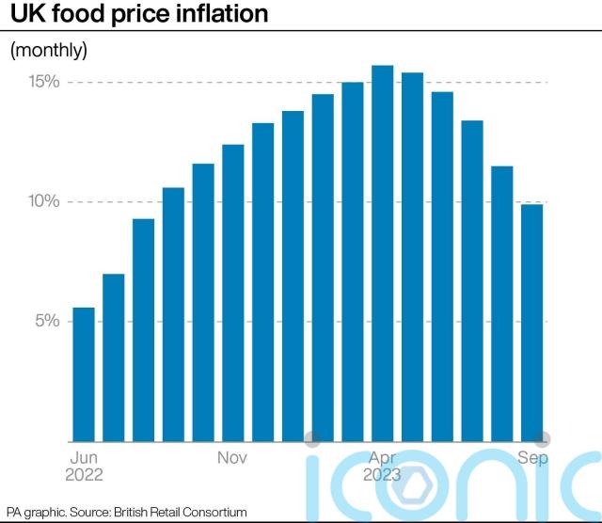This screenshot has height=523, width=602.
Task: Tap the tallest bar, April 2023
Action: pyautogui.click(x=382, y=253)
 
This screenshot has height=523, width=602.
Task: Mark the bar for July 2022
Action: pyautogui.click(x=114, y=357)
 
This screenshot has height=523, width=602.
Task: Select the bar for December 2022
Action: pyautogui.click(x=263, y=282)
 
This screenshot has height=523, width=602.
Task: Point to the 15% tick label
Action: pyautogui.click(x=43, y=82)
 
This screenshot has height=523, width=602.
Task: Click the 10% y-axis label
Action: pyautogui.click(x=43, y=202)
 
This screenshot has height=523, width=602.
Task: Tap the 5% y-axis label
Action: pyautogui.click(x=48, y=322)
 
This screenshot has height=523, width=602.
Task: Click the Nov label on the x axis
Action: pyautogui.click(x=232, y=458)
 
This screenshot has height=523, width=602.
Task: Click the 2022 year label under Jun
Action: pyautogui.click(x=84, y=476)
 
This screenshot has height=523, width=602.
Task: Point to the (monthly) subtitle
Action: pyautogui.click(x=48, y=50)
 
